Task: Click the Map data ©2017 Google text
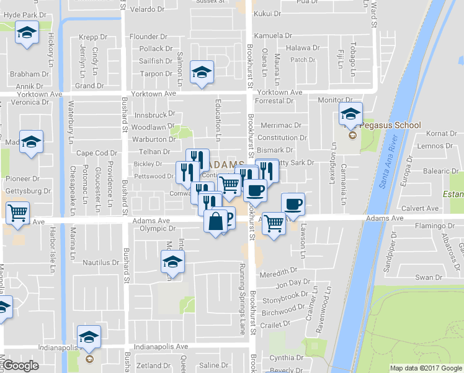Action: point(426,368)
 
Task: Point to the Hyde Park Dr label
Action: point(25,14)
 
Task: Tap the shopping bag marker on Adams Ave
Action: point(215,222)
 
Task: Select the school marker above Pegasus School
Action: point(350,114)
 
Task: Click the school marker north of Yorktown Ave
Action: point(202,73)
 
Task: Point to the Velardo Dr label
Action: point(146,9)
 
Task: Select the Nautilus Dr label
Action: point(100,262)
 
